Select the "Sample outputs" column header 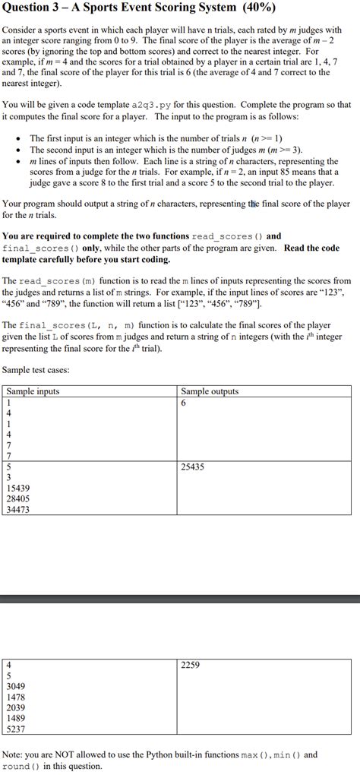tap(210, 391)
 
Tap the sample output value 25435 tap(193, 467)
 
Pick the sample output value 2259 tap(191, 665)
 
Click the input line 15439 tap(18, 488)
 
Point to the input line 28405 tap(18, 498)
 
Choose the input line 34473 tap(18, 509)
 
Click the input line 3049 tap(16, 686)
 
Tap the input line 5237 tap(16, 729)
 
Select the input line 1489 tap(16, 718)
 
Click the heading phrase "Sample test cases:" tap(36, 370)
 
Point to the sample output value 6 tap(184, 403)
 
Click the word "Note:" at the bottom tap(14, 755)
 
